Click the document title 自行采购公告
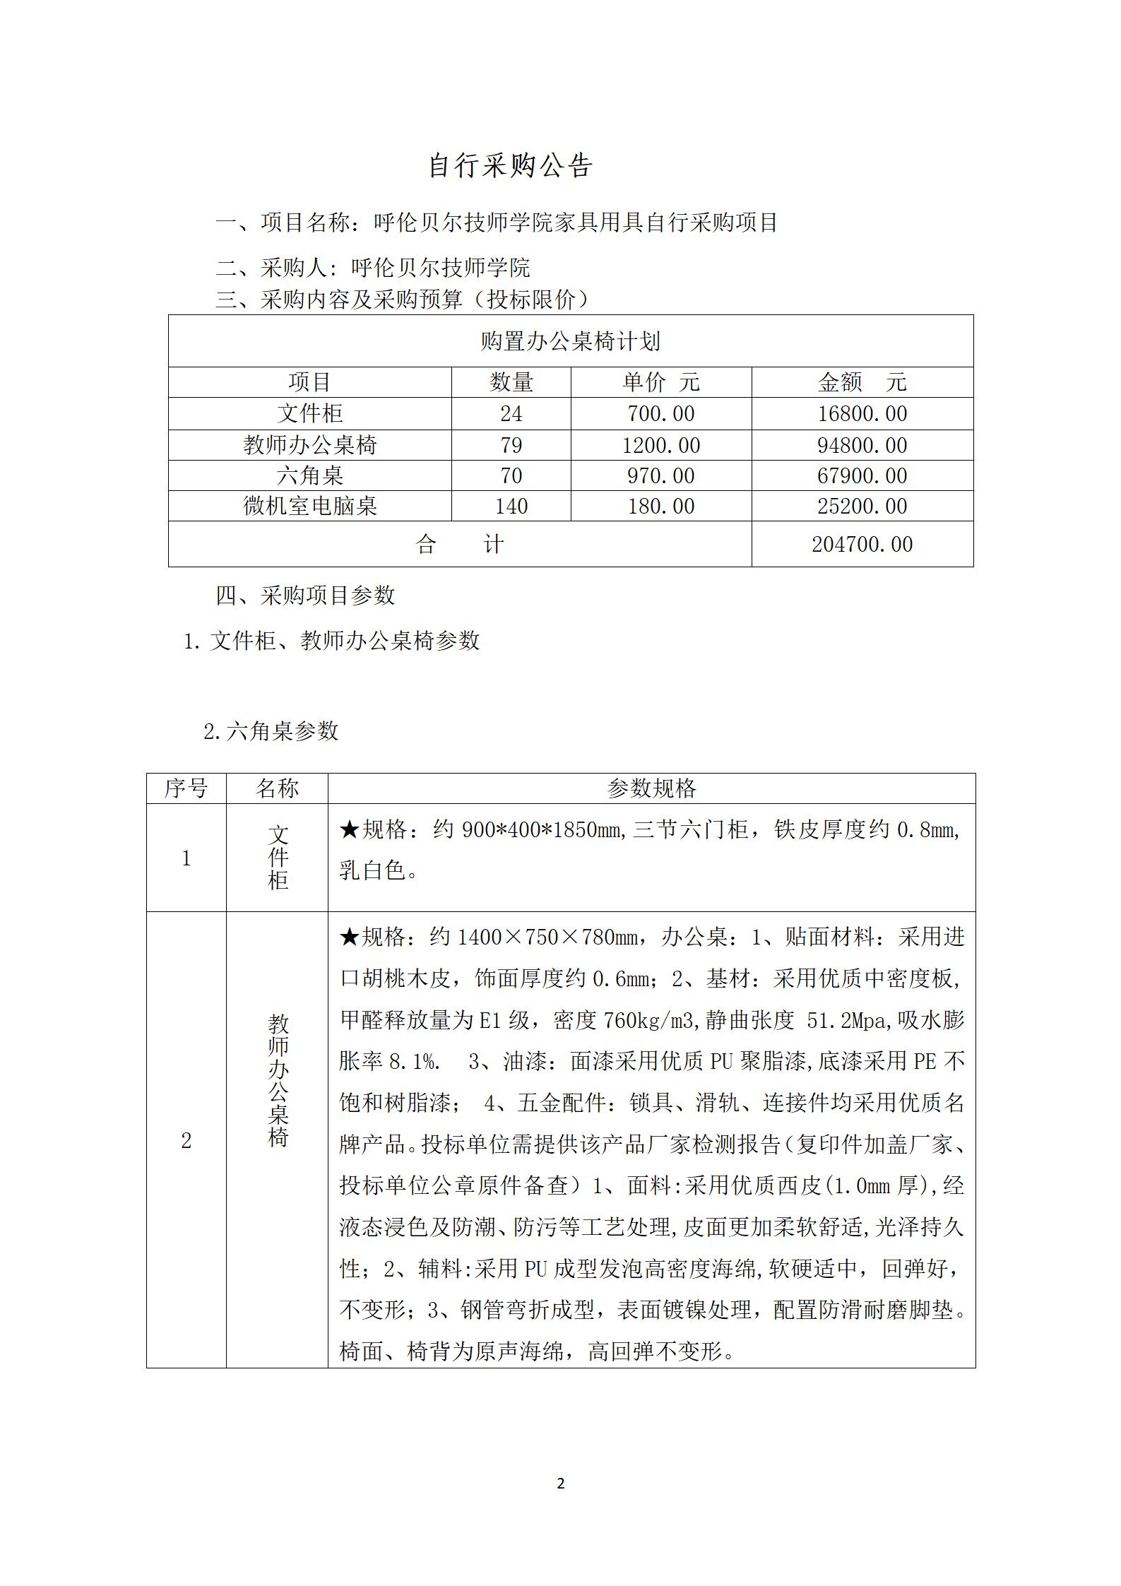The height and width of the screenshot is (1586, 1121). (x=510, y=166)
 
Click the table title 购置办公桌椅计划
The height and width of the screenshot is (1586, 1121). (x=570, y=342)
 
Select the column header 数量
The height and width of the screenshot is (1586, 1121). (x=511, y=382)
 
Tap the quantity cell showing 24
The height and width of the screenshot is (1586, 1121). (x=511, y=414)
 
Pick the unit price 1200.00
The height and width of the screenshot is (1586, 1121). (x=660, y=445)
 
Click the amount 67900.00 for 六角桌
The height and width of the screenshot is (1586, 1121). (x=862, y=475)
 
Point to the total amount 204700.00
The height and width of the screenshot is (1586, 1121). (x=862, y=544)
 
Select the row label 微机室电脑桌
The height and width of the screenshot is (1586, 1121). (x=310, y=506)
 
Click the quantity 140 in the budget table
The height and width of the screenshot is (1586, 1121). (x=511, y=506)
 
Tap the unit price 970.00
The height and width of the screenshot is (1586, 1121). (x=660, y=475)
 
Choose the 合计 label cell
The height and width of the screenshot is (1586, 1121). (x=460, y=544)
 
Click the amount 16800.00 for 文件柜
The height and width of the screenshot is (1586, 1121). (x=862, y=414)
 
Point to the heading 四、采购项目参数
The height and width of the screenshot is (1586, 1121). (x=305, y=596)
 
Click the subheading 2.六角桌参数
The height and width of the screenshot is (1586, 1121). (x=271, y=731)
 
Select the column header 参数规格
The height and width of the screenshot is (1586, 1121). (x=651, y=788)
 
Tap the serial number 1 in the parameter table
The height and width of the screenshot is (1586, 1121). (x=186, y=858)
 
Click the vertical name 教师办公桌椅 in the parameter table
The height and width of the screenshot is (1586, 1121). (x=278, y=1081)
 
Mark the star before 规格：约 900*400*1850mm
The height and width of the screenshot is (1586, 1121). (x=350, y=829)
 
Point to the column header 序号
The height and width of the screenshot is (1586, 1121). (x=186, y=788)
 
